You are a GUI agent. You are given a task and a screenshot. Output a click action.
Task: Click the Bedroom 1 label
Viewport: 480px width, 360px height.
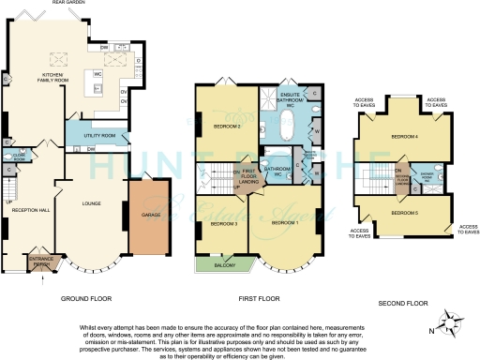(x=284, y=223)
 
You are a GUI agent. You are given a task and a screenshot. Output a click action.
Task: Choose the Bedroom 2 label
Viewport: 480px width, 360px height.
(x=229, y=127)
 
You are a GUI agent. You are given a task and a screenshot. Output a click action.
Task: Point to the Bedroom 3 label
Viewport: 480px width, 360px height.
(x=223, y=224)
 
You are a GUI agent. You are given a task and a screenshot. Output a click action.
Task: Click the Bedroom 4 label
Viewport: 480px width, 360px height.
(x=404, y=137)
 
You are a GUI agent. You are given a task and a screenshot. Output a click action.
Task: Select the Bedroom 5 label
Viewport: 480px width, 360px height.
(x=404, y=214)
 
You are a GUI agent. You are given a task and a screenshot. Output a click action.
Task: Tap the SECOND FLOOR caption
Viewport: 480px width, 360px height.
(x=402, y=304)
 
